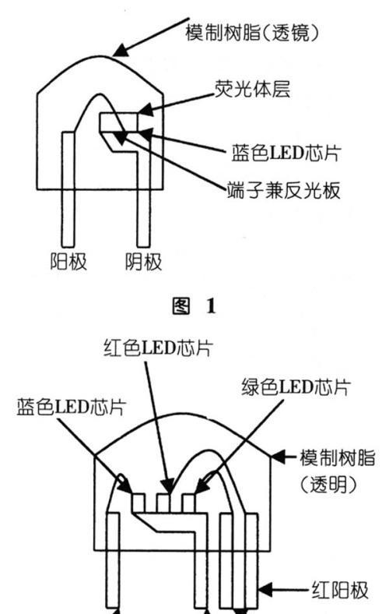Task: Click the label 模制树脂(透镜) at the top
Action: [x=252, y=33]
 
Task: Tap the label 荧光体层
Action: [x=253, y=89]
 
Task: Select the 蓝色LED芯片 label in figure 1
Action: [x=286, y=153]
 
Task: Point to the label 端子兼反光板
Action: [x=284, y=190]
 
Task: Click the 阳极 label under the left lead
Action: [x=68, y=261]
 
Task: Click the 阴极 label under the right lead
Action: [x=143, y=261]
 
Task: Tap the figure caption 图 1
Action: [x=194, y=305]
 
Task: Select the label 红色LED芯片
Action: [x=159, y=348]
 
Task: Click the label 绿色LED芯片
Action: [x=296, y=387]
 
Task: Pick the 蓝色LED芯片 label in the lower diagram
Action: [x=71, y=408]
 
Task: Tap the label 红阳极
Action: [x=340, y=590]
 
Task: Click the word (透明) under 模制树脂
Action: [x=329, y=484]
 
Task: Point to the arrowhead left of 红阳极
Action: [x=265, y=590]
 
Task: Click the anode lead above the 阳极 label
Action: [x=68, y=189]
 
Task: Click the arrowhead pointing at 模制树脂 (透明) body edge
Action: [x=279, y=457]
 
